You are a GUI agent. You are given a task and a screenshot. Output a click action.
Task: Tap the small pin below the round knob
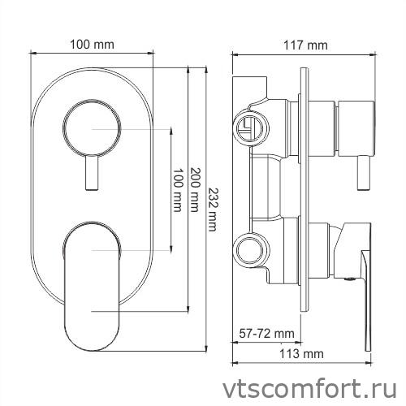point(93,175)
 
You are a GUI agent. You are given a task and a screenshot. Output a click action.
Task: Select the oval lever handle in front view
point(92,280)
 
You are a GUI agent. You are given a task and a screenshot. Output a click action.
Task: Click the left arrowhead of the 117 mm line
point(235,54)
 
